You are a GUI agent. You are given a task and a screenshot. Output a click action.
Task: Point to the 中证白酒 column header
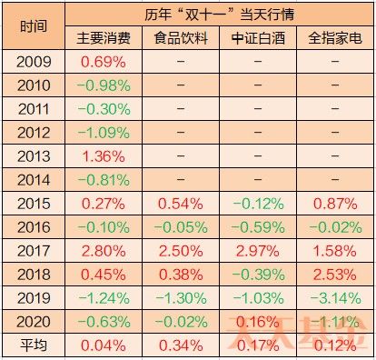(x=258, y=39)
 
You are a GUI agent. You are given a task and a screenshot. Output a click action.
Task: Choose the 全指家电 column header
(x=334, y=39)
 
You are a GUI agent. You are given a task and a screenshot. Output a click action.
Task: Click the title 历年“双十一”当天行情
(x=218, y=15)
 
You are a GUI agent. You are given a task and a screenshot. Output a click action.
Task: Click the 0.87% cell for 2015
(x=334, y=203)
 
